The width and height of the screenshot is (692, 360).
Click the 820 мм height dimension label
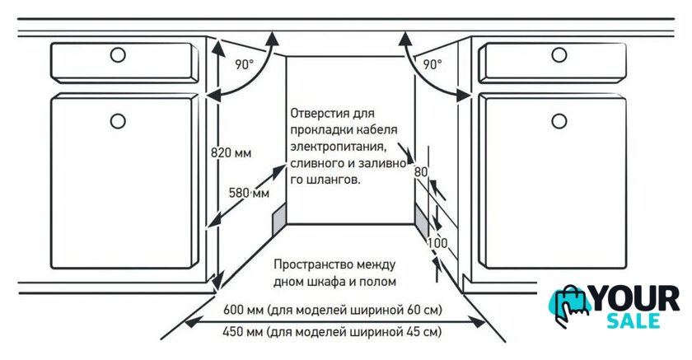click(231, 153)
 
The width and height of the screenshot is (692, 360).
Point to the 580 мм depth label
click(249, 193)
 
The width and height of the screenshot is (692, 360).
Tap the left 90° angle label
click(245, 65)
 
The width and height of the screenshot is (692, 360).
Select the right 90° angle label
click(432, 65)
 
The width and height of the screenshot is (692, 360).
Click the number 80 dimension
click(421, 171)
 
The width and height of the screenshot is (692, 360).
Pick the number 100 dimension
click(437, 243)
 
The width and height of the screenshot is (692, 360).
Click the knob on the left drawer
click(118, 55)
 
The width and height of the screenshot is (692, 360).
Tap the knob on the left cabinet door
click(118, 121)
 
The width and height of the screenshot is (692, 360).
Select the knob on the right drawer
click(559, 55)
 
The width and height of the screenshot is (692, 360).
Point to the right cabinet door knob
click(559, 121)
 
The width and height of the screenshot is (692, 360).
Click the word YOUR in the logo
click(634, 299)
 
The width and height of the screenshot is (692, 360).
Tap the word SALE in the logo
click(634, 320)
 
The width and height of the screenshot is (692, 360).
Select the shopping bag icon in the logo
click(570, 306)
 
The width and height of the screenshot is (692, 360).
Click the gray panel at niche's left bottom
click(279, 220)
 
